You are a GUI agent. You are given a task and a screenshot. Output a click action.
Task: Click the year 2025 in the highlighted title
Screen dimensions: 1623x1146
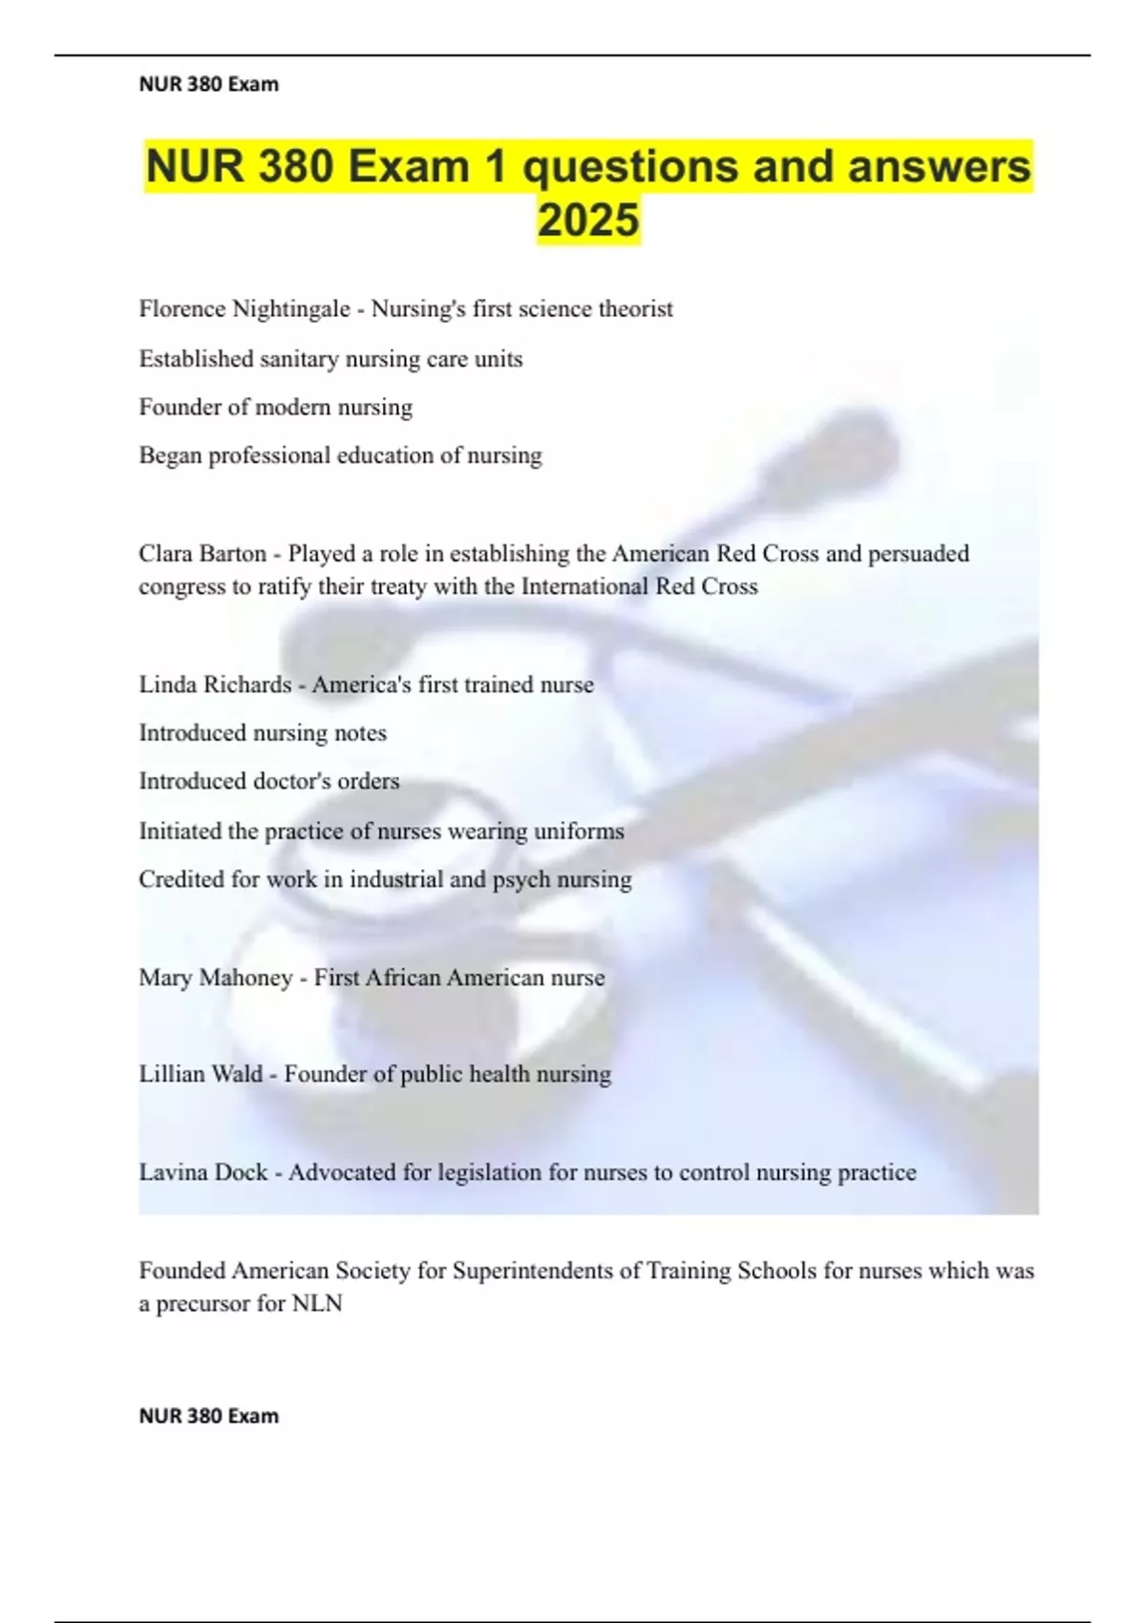click(588, 220)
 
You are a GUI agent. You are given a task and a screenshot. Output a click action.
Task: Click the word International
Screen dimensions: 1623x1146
click(584, 586)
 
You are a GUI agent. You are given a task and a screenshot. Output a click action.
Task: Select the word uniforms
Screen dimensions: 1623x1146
click(578, 831)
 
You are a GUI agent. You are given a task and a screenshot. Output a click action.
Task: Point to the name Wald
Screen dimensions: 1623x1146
click(237, 1074)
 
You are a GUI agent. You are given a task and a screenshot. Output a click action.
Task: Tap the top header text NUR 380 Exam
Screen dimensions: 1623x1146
click(209, 84)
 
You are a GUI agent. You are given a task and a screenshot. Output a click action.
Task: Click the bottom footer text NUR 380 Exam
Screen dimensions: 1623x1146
click(209, 1416)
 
